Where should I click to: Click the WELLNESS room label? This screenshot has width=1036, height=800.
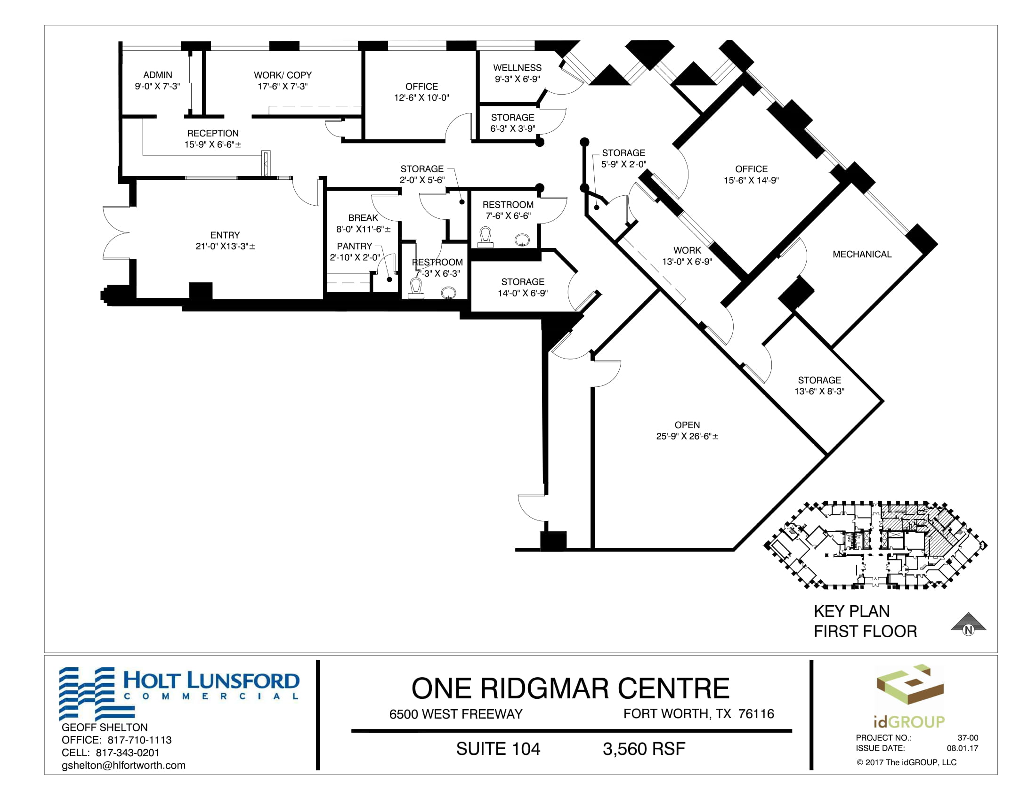(517, 68)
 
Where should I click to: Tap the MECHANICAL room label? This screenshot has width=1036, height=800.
(862, 255)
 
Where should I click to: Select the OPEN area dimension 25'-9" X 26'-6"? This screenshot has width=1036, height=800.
(687, 437)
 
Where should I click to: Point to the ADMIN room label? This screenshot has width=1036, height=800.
(157, 75)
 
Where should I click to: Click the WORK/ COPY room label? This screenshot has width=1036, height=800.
(283, 75)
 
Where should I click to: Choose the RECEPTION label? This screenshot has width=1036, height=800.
(213, 133)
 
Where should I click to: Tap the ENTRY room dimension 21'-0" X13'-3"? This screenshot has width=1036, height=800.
(225, 247)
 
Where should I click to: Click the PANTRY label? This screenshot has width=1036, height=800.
(354, 247)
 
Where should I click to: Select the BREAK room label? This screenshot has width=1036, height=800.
(363, 218)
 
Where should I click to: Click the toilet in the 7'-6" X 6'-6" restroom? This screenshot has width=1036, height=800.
(485, 238)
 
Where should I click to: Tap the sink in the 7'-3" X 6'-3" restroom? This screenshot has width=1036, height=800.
(448, 293)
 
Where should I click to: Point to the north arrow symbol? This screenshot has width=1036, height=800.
(968, 624)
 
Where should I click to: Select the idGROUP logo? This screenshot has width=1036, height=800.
(909, 696)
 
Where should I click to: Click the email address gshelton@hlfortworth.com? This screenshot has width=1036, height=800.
(123, 765)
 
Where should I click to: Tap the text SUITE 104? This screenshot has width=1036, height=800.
(498, 749)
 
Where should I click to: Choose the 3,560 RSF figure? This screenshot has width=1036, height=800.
(644, 749)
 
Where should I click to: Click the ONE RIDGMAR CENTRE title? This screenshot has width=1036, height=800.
(570, 688)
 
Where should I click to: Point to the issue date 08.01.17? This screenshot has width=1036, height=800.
(963, 748)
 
